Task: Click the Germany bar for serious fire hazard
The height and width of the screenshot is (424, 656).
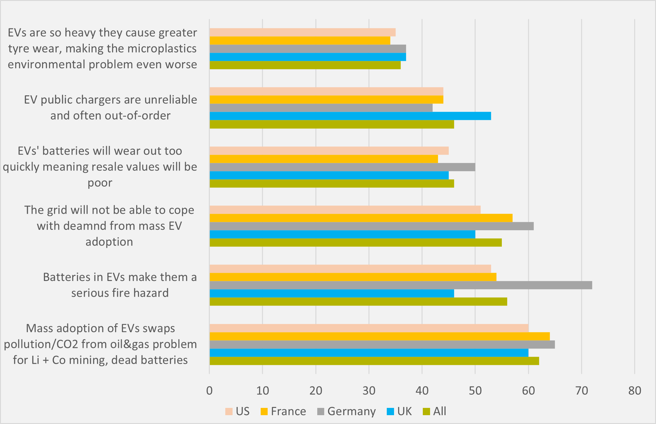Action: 401,285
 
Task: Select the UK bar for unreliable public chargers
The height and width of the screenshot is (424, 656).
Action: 350,116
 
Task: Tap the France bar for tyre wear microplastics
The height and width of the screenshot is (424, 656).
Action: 300,41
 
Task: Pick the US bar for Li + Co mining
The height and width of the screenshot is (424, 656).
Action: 369,328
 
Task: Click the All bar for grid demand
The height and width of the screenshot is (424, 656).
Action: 355,242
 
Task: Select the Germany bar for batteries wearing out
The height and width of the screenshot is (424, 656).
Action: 342,167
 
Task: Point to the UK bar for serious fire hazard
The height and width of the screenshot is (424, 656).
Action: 332,293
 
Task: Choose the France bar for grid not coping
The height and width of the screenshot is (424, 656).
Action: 361,218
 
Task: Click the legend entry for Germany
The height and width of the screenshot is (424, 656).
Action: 351,411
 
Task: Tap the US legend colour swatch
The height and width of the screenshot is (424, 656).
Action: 229,411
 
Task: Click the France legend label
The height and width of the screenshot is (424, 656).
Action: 288,411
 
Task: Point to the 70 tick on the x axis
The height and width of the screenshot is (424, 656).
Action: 581,391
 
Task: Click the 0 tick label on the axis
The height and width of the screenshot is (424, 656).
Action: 209,391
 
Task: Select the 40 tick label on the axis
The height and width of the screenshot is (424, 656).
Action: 422,391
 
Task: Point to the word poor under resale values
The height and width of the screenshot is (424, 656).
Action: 100,183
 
